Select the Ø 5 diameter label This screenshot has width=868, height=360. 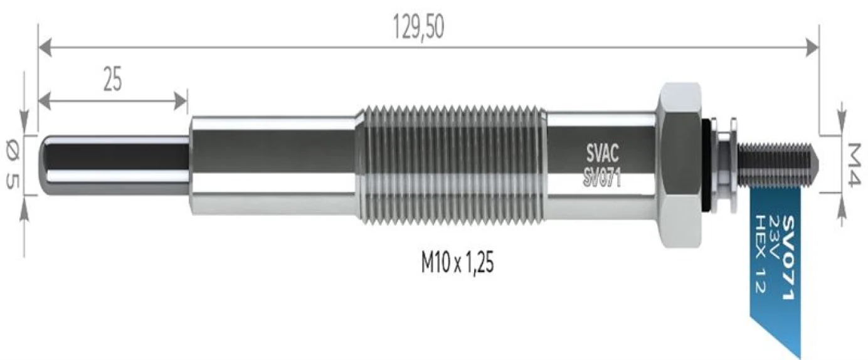pos(12,166)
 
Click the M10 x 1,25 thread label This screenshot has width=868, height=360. pos(457,265)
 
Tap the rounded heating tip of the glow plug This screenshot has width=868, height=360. pos(50,166)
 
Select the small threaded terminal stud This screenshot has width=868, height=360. pos(778,164)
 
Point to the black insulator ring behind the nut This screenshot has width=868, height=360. pos(709,164)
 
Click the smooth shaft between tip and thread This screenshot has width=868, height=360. pos(273,164)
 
